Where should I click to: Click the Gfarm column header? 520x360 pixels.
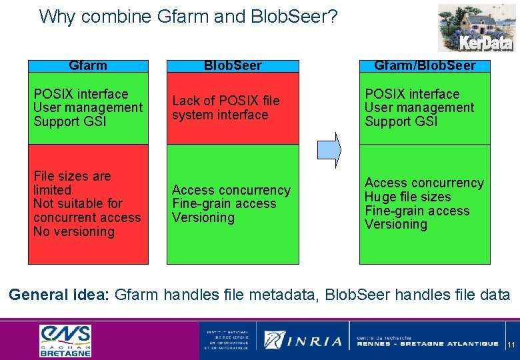pyautogui.click(x=87, y=65)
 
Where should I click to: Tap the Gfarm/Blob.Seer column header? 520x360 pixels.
pyautogui.click(x=425, y=65)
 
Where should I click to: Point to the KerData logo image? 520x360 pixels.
pyautogui.click(x=475, y=28)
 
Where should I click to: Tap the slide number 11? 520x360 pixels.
pyautogui.click(x=511, y=345)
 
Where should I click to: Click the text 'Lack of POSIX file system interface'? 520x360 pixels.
pyautogui.click(x=225, y=107)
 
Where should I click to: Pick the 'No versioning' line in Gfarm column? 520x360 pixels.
pyautogui.click(x=74, y=231)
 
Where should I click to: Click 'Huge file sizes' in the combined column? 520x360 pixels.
pyautogui.click(x=407, y=197)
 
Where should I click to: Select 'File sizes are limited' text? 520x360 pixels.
pyautogui.click(x=72, y=183)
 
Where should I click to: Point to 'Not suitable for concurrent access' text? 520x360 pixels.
pyautogui.click(x=87, y=210)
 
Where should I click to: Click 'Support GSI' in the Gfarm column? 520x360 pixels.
pyautogui.click(x=69, y=121)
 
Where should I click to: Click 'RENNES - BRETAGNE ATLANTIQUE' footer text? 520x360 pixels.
pyautogui.click(x=427, y=344)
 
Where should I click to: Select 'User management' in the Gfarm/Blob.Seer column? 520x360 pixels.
pyautogui.click(x=419, y=107)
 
